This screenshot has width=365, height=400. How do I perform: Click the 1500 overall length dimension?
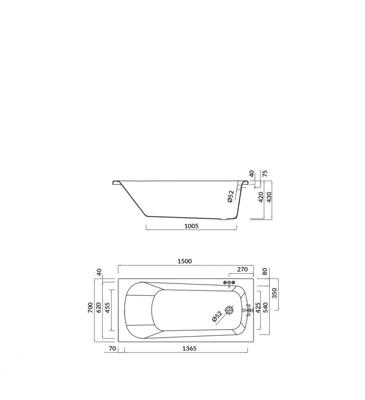pos(184,261)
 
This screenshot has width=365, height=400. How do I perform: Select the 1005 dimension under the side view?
pos(191,226)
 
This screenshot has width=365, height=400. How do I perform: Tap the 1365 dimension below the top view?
pos(189,348)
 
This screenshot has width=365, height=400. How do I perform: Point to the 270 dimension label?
pos(242,269)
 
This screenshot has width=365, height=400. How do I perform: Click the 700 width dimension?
pos(90,308)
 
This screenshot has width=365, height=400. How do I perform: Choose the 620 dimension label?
pos(99,308)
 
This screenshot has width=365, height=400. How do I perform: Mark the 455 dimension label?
pos(107,308)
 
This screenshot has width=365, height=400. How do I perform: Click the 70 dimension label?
pos(112,348)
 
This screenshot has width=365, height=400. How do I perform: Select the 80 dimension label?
pos(265,271)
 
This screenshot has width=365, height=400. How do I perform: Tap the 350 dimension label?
pos(274,293)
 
